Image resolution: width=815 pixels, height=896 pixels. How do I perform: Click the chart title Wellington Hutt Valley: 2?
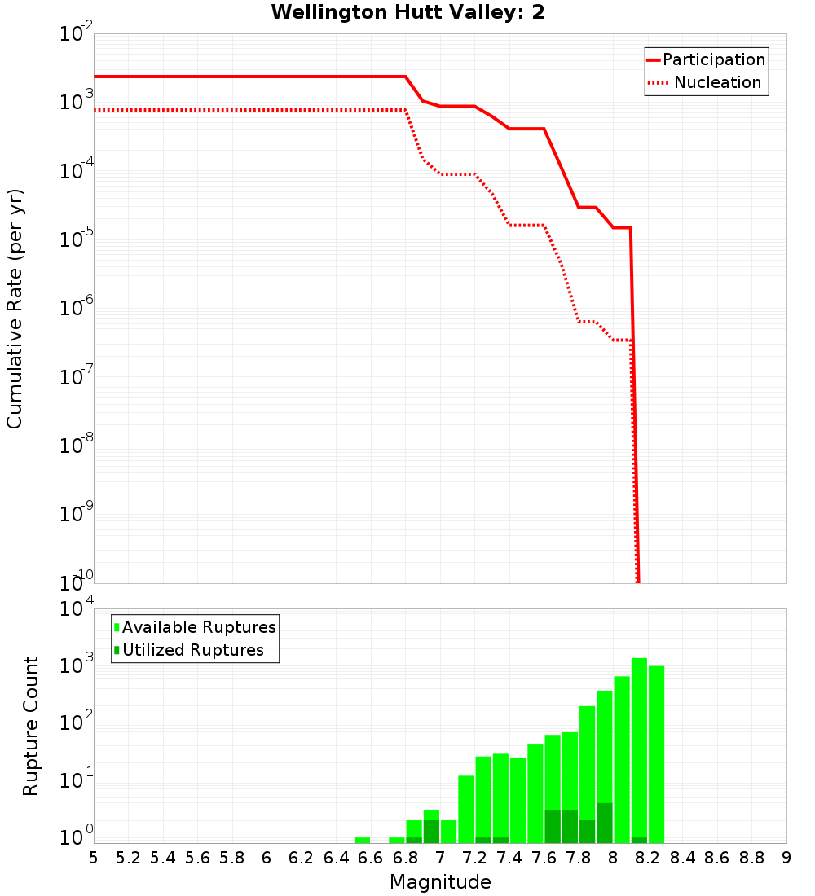pos(407,12)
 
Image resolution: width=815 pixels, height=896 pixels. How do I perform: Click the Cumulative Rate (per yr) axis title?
pos(15,309)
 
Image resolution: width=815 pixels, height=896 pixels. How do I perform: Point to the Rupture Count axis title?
pos(31,725)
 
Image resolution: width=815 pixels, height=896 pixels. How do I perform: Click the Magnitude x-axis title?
pos(440,882)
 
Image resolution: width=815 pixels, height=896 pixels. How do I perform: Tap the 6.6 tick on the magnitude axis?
pos(371,858)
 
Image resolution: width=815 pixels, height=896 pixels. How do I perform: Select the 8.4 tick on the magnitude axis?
pos(682,858)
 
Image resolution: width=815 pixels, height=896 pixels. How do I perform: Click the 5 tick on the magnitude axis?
pos(94,858)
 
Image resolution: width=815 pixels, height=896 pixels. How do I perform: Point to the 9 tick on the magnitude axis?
pos(786,858)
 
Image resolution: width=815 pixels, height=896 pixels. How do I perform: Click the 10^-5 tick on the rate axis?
pos(77,239)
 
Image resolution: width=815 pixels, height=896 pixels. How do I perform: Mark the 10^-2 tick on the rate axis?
pos(77,34)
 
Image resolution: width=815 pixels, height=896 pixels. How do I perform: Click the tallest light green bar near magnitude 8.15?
pos(639,749)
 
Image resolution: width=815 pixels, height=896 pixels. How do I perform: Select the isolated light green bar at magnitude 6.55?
pos(362,840)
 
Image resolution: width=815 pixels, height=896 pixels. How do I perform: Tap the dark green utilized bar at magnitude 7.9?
pos(604,823)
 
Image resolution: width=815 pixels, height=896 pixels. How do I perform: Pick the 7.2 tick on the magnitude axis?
pos(474,858)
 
